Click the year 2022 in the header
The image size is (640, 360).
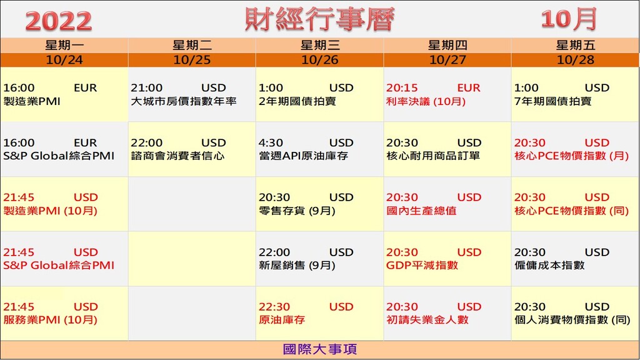58,21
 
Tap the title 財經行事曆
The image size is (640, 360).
319,19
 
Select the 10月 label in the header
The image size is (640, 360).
569,19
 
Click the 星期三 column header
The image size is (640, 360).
319,45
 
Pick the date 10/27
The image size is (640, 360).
447,60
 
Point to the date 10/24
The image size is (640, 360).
64,60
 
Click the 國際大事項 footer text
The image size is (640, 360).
320,349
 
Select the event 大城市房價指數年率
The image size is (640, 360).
184,101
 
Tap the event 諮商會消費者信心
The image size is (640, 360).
177,156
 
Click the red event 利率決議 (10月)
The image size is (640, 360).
426,101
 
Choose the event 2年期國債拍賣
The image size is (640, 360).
297,101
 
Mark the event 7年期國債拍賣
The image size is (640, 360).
552,101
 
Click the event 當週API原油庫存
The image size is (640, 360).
303,156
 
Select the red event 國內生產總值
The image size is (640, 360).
421,211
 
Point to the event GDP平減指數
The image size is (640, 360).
422,265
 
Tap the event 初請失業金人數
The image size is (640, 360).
427,319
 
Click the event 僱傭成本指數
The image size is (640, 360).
549,265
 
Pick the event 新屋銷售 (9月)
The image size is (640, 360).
297,265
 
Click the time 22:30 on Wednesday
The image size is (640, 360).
274,307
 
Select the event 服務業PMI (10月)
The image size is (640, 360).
50,319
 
